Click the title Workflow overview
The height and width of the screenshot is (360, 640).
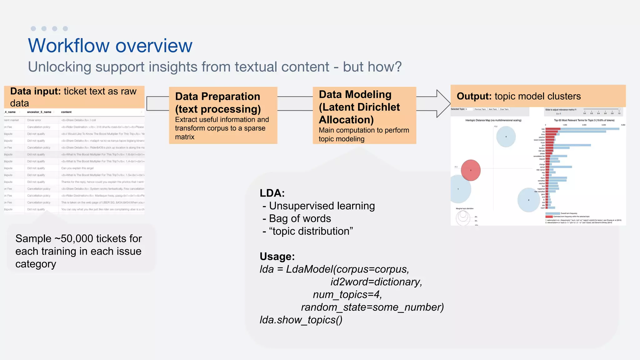[x=110, y=46]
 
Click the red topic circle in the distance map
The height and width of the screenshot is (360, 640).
[x=471, y=170]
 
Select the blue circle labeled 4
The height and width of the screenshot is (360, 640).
[x=506, y=137]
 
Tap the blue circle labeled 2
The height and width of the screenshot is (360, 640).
[x=528, y=200]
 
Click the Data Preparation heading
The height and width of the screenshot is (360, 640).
[x=217, y=96]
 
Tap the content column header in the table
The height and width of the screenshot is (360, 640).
[x=66, y=112]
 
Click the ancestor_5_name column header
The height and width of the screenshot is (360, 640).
[x=39, y=112]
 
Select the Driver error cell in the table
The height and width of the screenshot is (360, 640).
[x=34, y=120]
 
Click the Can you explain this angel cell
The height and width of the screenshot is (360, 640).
[x=77, y=168]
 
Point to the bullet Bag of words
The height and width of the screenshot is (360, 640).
[x=300, y=218]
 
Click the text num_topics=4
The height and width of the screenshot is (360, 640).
[x=347, y=294]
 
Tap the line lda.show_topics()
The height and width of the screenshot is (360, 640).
[x=301, y=320]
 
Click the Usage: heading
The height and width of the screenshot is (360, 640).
[x=277, y=256]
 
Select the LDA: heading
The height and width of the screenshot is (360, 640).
[x=272, y=193]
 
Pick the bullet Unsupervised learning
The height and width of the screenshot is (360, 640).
[x=322, y=206]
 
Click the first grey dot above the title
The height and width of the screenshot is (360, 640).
[x=33, y=29]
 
